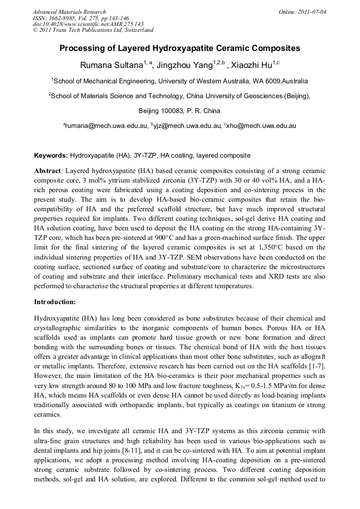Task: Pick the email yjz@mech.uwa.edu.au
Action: click(x=186, y=126)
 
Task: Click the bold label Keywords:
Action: click(x=51, y=156)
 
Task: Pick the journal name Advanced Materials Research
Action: click(x=70, y=12)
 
